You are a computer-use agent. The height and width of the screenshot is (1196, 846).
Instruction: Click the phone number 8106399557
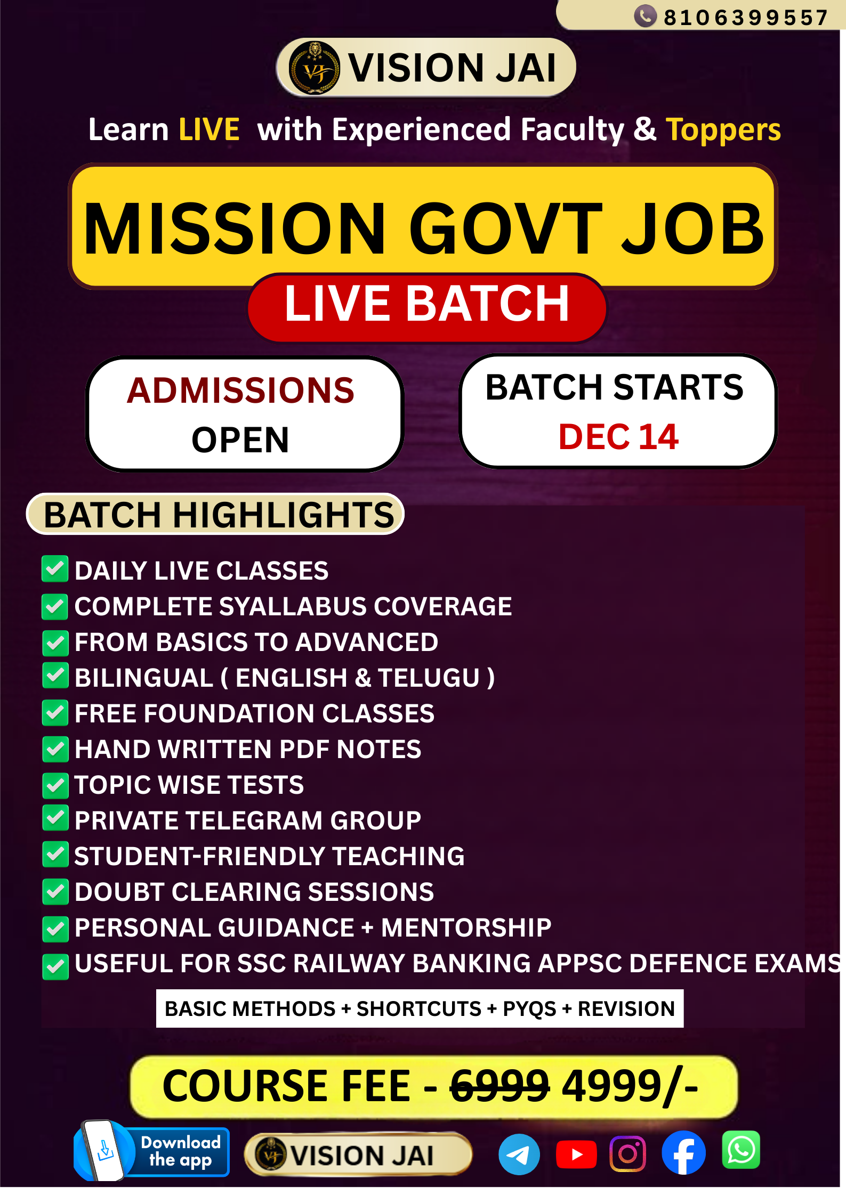[745, 18]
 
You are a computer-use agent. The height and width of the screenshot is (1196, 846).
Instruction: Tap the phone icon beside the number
[645, 16]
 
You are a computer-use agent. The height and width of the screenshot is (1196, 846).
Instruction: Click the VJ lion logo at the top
[314, 68]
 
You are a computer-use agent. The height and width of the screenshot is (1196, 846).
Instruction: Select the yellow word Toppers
[723, 130]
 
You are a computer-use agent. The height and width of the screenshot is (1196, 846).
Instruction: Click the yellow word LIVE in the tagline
[209, 130]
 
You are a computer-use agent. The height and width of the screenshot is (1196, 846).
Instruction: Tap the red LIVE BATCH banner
[427, 305]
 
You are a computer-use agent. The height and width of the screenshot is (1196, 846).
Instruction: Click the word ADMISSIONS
[240, 390]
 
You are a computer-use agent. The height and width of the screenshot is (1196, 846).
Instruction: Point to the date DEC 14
[618, 437]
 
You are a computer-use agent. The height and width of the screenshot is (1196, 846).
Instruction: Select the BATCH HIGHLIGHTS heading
[218, 515]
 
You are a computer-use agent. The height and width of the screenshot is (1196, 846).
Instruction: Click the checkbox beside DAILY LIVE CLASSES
[55, 569]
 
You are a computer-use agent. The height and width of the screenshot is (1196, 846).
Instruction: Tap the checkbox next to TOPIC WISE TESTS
[55, 786]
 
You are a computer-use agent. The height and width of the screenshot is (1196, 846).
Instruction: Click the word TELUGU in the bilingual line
[429, 678]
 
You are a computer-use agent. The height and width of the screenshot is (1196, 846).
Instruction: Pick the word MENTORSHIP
[466, 928]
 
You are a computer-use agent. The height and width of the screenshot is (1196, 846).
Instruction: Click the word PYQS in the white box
[529, 1009]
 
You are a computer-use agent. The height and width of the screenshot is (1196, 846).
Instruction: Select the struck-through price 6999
[499, 1086]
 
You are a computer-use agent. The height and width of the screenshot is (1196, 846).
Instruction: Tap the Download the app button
[152, 1152]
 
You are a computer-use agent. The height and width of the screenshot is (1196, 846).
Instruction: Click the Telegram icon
[519, 1154]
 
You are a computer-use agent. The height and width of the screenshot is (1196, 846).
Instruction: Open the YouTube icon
[576, 1154]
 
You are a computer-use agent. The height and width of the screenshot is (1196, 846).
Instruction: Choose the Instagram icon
[628, 1154]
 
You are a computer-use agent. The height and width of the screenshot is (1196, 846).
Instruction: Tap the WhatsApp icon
[740, 1150]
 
